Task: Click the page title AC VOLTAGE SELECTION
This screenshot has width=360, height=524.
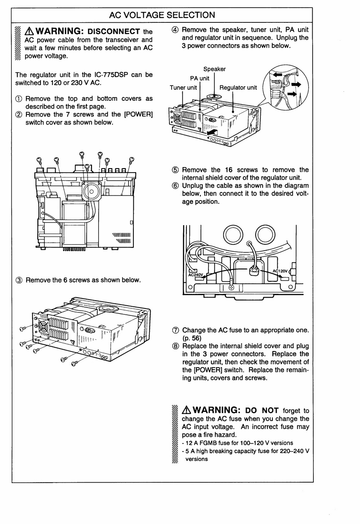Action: coord(162,15)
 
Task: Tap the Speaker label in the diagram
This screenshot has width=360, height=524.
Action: coord(214,69)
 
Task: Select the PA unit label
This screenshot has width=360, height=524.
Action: coord(199,78)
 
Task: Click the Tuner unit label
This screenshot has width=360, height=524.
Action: coord(183,88)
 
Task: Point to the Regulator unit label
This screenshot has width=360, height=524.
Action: coord(238,88)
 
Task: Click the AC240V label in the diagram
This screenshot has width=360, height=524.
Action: coord(196,275)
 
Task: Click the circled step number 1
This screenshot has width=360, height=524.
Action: coord(19,99)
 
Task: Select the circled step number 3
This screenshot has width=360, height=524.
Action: coord(19,280)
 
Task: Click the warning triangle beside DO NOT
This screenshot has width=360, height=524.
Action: coord(186,410)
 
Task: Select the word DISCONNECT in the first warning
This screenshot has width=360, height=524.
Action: coord(114,31)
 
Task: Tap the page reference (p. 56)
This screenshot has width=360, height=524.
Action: coord(192,338)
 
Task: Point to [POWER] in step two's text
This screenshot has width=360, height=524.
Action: coord(139,115)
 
